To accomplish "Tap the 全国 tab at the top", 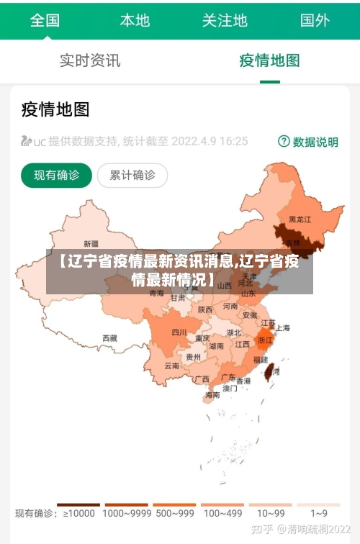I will coord(45,20).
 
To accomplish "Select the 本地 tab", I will coord(135,20).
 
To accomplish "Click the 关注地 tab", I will coord(225,20).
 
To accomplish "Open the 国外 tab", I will coord(315,20).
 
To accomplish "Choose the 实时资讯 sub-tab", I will coord(90,60).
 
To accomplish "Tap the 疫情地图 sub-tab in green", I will coord(269,60).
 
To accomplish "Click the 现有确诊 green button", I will coord(56,174).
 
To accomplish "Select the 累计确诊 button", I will coord(132,174).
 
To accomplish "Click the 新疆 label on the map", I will coord(91,243).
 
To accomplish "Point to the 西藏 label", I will coord(109,337).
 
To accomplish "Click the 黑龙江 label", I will coord(300,219).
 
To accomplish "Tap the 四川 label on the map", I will coord(179,332).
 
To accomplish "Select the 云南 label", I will coord(171,366).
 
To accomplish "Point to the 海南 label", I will coord(212,395).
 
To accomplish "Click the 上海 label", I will coord(282,327).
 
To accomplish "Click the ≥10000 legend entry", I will coord(78,512).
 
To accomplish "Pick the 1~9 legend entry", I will coord(319,512).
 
